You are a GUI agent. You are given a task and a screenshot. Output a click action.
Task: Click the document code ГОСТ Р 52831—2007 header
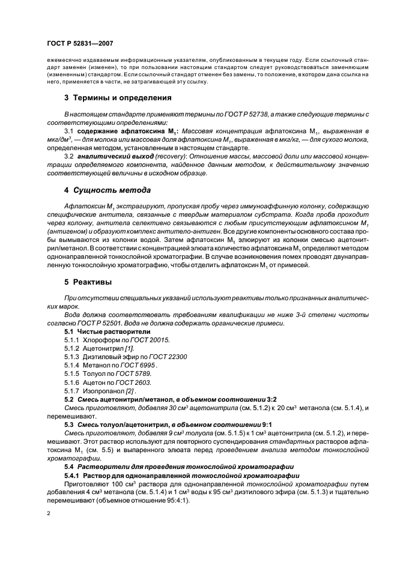point(79,44)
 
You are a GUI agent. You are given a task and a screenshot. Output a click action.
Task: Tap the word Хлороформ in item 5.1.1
point(95,340)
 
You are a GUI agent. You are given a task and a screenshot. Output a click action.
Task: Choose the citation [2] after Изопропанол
point(128,390)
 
